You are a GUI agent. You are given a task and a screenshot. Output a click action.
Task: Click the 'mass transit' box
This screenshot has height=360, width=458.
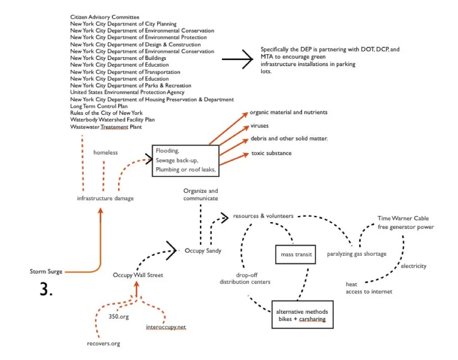point(294,254)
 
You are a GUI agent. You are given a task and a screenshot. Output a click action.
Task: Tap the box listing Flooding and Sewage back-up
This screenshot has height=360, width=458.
point(185,161)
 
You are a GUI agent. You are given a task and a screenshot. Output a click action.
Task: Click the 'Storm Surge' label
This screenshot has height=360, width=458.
point(46,272)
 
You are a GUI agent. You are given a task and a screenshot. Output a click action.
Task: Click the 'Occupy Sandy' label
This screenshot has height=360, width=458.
point(203,251)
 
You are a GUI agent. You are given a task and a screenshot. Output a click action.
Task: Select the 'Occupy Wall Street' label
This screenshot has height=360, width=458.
point(138,275)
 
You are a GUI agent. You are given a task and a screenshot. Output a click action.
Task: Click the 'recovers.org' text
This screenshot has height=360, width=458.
point(103,344)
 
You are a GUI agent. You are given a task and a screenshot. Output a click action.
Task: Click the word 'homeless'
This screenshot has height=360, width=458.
point(105,152)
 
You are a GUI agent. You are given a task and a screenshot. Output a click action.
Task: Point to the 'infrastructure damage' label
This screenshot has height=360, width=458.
point(105,198)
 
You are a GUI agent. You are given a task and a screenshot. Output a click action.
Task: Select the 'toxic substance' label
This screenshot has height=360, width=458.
point(271,153)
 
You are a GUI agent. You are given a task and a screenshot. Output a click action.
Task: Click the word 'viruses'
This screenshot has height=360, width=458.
point(259,126)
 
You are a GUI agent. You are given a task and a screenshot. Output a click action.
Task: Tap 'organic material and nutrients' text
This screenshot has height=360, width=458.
point(288,112)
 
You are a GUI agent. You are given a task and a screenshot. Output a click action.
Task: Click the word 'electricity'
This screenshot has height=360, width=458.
point(413,266)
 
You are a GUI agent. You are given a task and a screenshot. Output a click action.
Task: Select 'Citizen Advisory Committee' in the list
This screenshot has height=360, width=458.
point(105,17)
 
